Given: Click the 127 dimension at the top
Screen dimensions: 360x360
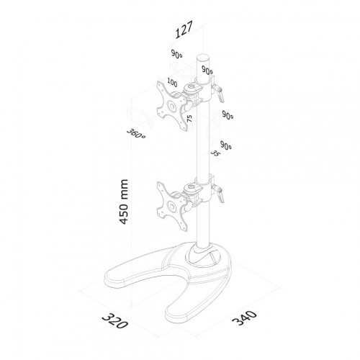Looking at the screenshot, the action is click(184, 30).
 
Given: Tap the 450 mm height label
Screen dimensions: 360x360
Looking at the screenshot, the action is click(123, 202).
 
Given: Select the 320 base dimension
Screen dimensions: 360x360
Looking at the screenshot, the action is click(115, 320).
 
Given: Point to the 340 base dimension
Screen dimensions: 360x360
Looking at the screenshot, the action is click(244, 318).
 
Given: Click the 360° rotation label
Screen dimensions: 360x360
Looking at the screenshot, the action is click(136, 134).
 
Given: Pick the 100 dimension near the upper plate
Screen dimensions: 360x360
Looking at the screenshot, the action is click(172, 82).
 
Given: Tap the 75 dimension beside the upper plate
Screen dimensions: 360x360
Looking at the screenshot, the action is click(189, 118).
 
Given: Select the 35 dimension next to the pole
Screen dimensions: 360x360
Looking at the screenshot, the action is click(215, 153).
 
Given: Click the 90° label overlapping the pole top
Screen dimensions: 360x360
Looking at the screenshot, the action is click(207, 70).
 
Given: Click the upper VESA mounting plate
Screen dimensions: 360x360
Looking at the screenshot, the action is click(171, 106).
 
